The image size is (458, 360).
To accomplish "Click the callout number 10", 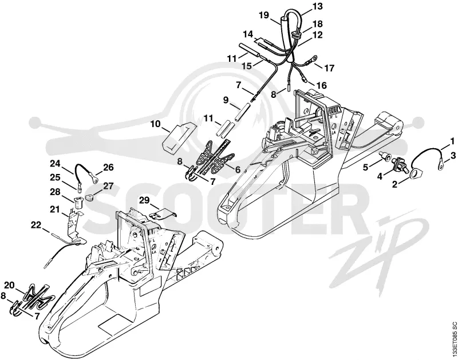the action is pyautogui.click(x=156, y=124).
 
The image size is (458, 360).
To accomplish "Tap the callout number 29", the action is pyautogui.click(x=144, y=200).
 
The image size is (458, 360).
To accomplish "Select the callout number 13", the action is pyautogui.click(x=318, y=6).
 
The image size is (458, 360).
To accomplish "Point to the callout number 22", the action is pyautogui.click(x=37, y=225).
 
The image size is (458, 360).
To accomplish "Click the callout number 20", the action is pyautogui.click(x=9, y=285).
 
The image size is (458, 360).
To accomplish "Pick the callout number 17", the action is pyautogui.click(x=329, y=68).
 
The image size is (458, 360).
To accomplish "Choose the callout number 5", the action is pyautogui.click(x=366, y=167).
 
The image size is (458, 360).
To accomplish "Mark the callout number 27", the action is pyautogui.click(x=108, y=186).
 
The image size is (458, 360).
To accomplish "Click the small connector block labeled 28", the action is pyautogui.click(x=79, y=203).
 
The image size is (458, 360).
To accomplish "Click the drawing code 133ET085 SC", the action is pyautogui.click(x=453, y=340).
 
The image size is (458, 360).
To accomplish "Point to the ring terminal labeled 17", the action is pyautogui.click(x=309, y=61).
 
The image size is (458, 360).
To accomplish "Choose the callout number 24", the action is pyautogui.click(x=55, y=164).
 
